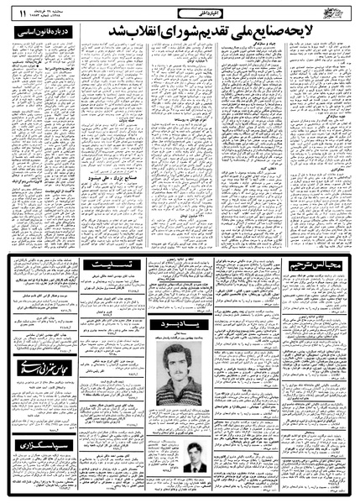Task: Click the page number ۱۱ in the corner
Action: (13, 13)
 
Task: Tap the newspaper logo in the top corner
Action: (336, 11)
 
